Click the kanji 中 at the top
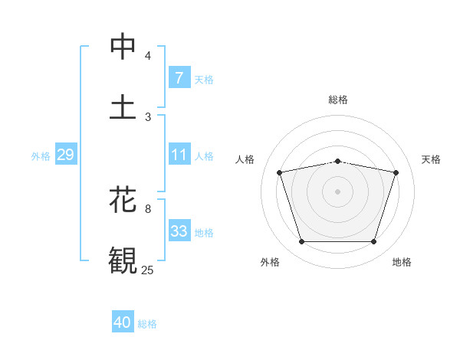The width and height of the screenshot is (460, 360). (x=123, y=47)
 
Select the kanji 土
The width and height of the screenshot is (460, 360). (x=123, y=106)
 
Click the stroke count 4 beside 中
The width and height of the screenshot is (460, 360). (x=148, y=55)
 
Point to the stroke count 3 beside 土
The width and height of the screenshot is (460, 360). (x=148, y=116)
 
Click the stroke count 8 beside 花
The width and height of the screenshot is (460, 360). (x=148, y=208)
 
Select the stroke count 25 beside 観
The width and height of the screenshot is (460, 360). (x=148, y=270)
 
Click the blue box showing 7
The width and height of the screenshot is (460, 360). (x=179, y=77)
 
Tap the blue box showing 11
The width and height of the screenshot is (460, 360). (x=179, y=155)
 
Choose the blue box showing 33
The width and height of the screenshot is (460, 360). (x=179, y=231)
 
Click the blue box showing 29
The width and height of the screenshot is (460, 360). (x=65, y=155)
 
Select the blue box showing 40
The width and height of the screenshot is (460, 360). (x=123, y=323)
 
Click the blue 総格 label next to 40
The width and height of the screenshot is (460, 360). (x=147, y=324)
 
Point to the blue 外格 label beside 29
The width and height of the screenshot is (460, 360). (x=41, y=156)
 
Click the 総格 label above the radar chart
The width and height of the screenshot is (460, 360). (x=338, y=100)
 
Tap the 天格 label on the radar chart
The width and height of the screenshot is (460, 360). (x=431, y=159)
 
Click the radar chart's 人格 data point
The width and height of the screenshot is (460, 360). (x=280, y=172)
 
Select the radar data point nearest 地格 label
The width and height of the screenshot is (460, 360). (x=373, y=242)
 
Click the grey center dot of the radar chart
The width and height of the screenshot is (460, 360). (x=338, y=191)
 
